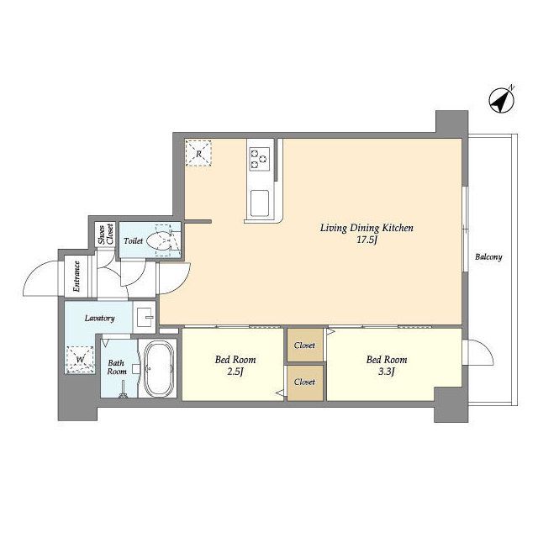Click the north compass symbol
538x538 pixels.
coord(502,100)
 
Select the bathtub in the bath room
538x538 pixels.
coord(159,368)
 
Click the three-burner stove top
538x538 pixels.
coord(259,159)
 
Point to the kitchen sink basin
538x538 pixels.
coord(260,203)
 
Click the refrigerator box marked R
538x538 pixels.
coord(198,153)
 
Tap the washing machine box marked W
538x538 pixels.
coord(81,360)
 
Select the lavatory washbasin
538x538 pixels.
coord(145,317)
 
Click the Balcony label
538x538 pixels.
coord(488,256)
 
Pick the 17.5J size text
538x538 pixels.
coord(367,240)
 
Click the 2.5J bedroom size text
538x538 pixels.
coord(235,372)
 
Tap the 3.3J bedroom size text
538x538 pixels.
coord(387,372)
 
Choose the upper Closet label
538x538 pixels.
coord(304,345)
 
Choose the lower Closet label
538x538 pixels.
coord(304,382)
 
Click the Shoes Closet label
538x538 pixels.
coord(106,235)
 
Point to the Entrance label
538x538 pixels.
coord(76,277)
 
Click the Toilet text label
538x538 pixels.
coord(133,241)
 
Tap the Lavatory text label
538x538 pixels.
coord(99,319)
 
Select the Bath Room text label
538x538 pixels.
coord(117,367)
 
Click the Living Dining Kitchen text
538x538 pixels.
coord(367,228)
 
